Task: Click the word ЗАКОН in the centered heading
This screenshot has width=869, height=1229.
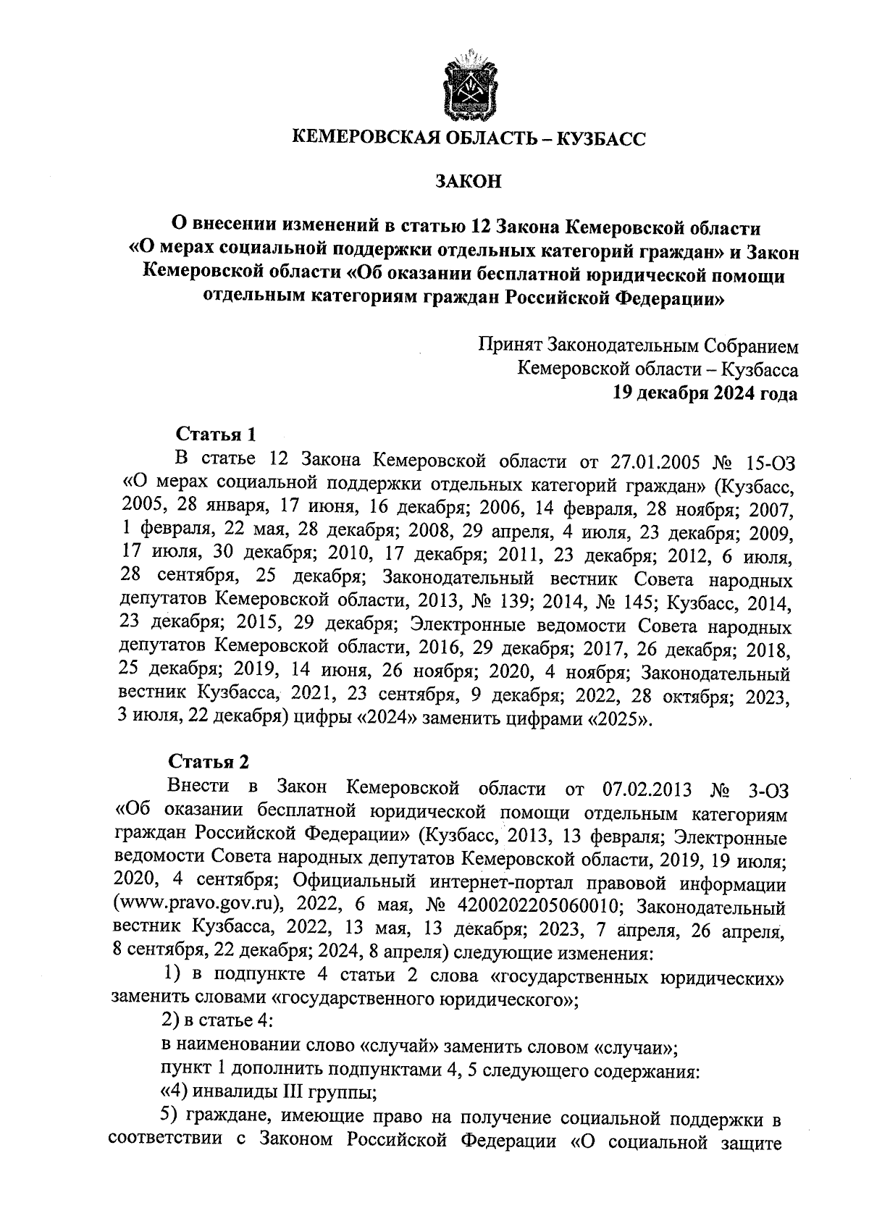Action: [468, 181]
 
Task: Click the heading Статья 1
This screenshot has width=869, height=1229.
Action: [216, 435]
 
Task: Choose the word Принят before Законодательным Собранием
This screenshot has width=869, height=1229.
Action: [511, 346]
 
